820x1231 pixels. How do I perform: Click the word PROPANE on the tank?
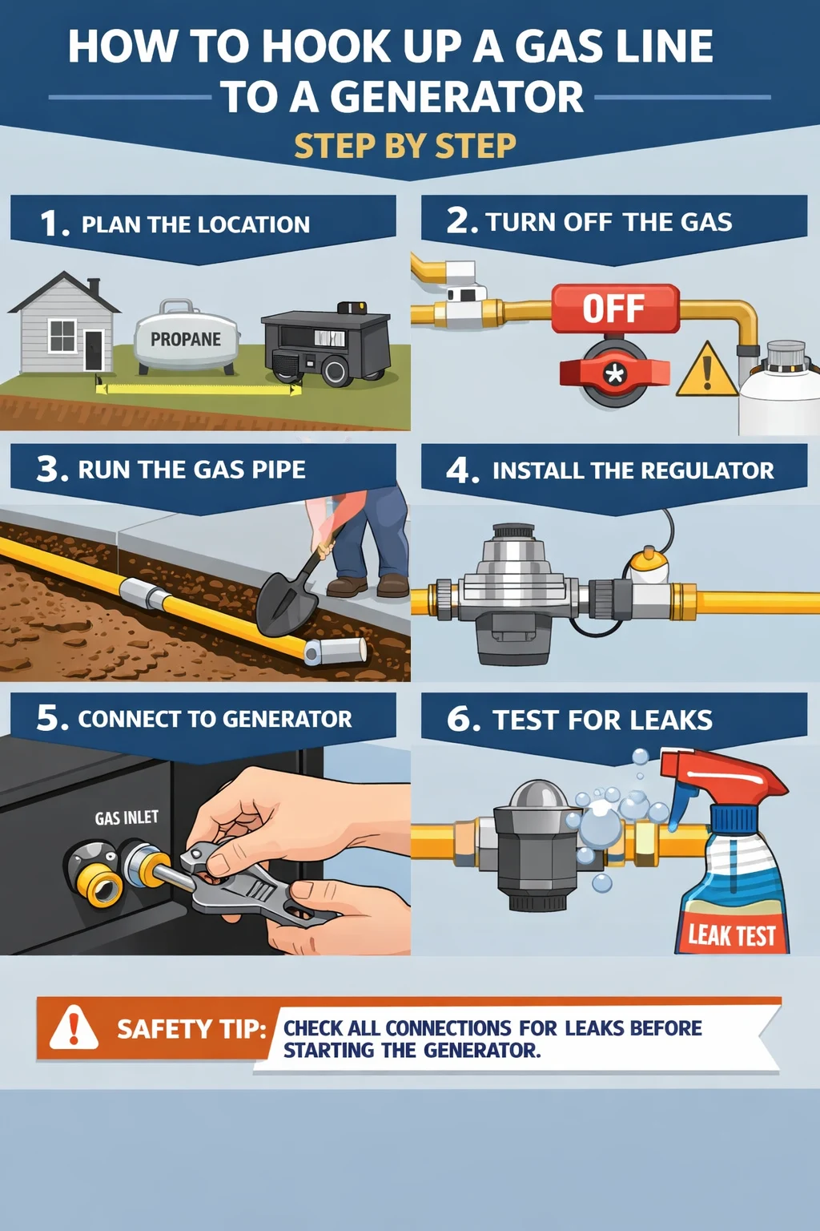point(186,339)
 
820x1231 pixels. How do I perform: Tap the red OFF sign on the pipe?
point(615,309)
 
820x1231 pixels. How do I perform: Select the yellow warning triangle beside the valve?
point(706,369)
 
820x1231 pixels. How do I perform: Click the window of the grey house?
point(62,336)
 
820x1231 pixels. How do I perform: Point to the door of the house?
point(94,350)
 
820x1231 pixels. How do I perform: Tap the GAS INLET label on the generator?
point(127,817)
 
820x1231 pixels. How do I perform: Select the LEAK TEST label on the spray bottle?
point(732,934)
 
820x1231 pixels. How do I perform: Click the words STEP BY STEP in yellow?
point(405,146)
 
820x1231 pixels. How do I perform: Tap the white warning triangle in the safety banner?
point(74,1027)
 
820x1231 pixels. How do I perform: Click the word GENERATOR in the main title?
point(456,97)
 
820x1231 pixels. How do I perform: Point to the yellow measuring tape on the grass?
point(199,388)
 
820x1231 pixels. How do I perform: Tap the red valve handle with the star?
point(614,373)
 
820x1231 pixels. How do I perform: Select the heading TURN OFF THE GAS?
point(609,222)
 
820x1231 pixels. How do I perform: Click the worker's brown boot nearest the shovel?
point(347,587)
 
